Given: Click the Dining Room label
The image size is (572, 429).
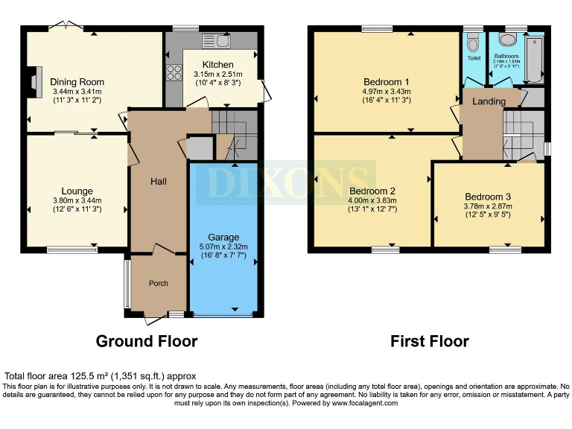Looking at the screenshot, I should [x=77, y=82].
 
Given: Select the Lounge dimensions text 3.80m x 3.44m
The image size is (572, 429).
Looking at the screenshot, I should [x=77, y=200].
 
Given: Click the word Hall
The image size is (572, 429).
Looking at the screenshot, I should [x=159, y=182].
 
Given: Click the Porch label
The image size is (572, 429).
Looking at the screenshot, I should [x=159, y=283].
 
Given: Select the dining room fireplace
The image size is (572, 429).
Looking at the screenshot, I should [x=31, y=77].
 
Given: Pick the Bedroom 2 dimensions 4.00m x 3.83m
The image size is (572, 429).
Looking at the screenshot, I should [x=373, y=200].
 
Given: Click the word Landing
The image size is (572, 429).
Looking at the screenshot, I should [x=489, y=101].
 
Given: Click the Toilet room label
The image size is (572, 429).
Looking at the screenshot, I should [x=474, y=57].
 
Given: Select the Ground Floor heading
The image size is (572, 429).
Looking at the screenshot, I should [x=147, y=341].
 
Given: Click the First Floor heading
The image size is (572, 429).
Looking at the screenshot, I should [x=430, y=341].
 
